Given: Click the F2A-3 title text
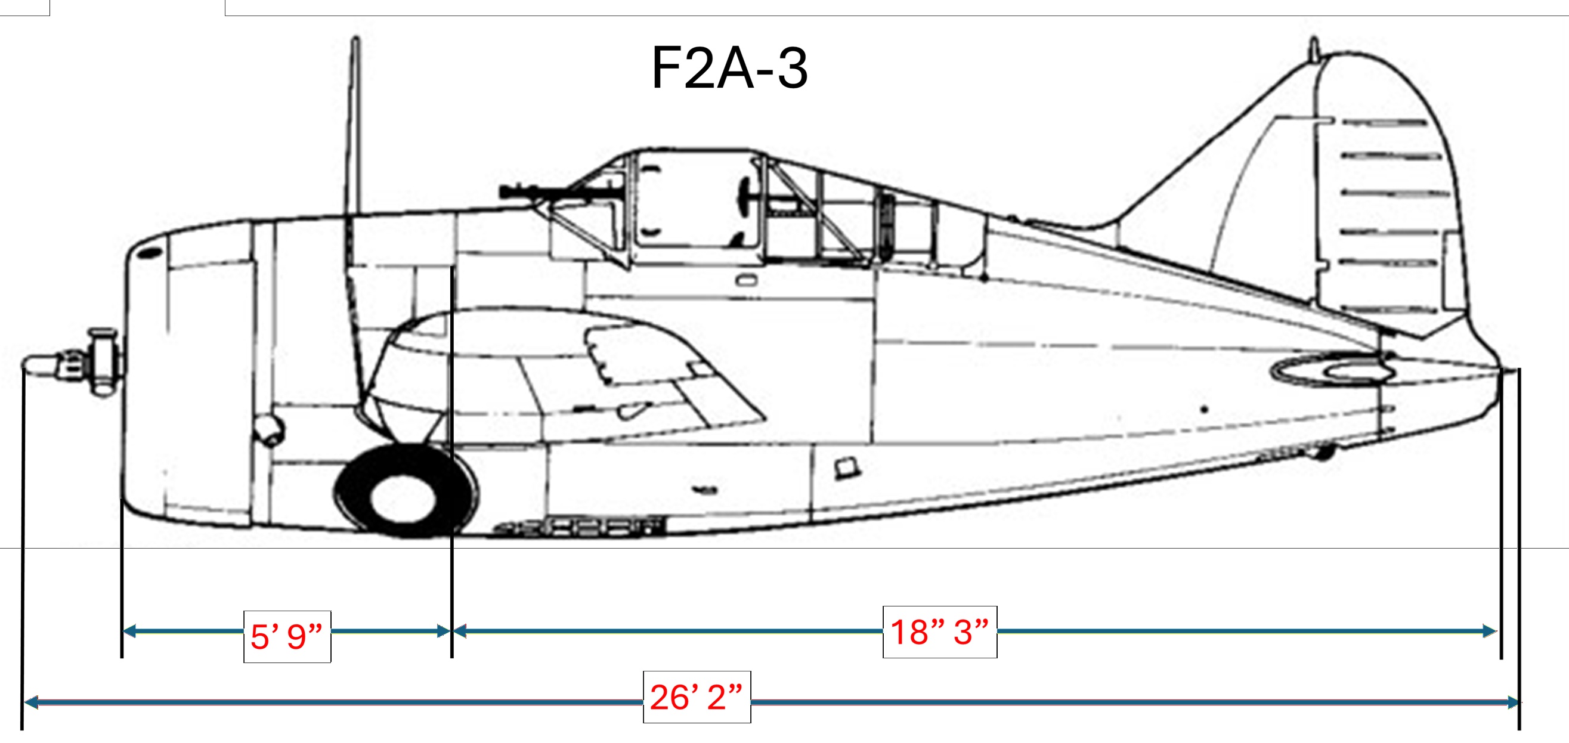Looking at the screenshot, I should [x=729, y=68].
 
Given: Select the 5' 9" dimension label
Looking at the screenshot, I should [x=287, y=636].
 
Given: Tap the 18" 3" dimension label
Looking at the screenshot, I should [x=939, y=631].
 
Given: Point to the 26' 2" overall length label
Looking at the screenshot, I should [x=696, y=697].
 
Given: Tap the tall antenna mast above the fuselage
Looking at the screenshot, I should [x=354, y=122].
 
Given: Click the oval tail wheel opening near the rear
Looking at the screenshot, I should [x=1334, y=371].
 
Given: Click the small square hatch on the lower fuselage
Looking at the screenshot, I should [x=847, y=468].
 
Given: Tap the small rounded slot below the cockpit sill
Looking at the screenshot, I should [x=747, y=280].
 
